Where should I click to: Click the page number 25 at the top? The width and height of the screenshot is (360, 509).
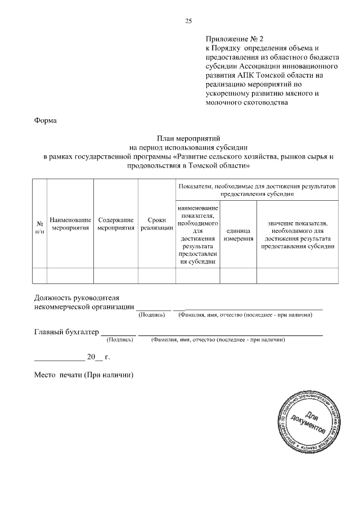click(x=188, y=21)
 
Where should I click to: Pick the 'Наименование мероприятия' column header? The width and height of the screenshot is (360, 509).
click(x=70, y=224)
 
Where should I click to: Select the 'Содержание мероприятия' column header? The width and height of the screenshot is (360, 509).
click(x=115, y=224)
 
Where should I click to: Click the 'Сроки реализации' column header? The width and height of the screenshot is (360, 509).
click(x=156, y=224)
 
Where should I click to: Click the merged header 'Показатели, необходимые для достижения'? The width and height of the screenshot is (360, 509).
click(x=257, y=190)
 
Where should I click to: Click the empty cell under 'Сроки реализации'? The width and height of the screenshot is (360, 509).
click(x=156, y=276)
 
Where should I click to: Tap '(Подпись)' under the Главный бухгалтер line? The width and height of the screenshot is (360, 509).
click(x=120, y=340)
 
